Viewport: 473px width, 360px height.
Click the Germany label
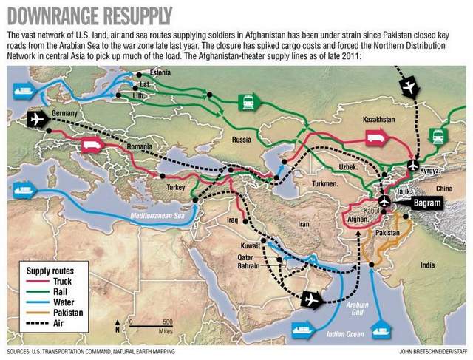coord(66,113)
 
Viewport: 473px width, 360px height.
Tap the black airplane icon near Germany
coord(36,120)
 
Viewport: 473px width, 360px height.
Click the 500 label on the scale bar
coord(167,321)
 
